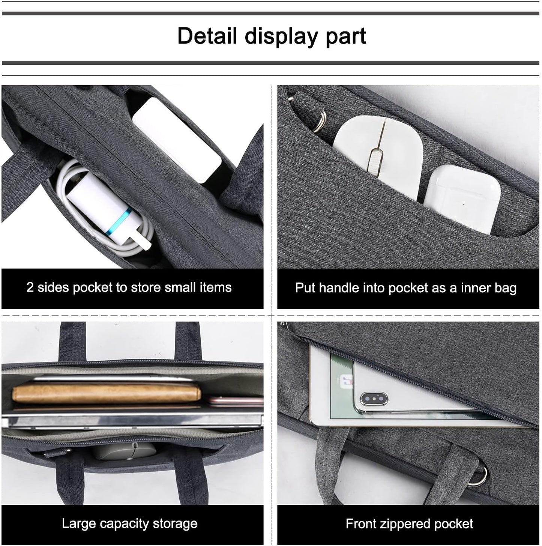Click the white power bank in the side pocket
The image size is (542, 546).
(x=176, y=139)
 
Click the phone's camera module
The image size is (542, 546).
(x=374, y=399)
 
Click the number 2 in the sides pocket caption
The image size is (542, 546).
(x=30, y=287)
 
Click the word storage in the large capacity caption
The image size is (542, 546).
(x=175, y=523)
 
